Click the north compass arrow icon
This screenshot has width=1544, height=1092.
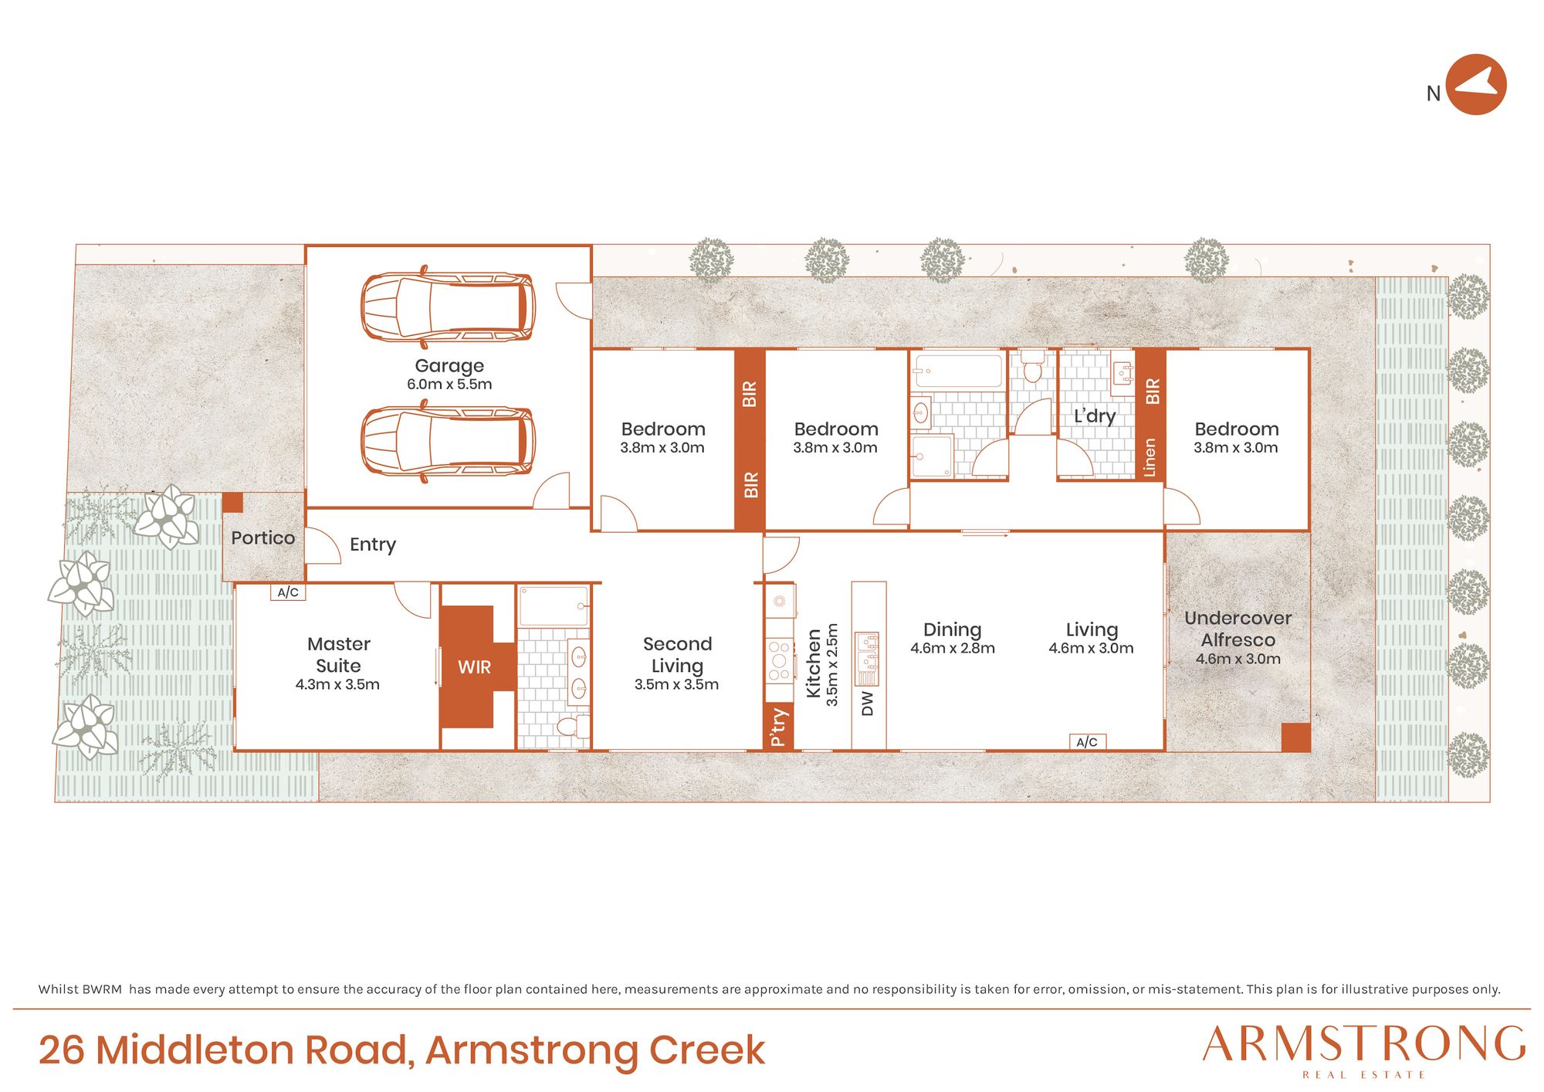[x=1476, y=84]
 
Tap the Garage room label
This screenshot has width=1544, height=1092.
[x=449, y=365]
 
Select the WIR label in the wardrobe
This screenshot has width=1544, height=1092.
[x=474, y=667]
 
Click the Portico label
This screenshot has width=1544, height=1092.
[x=262, y=538]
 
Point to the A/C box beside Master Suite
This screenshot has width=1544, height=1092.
[x=288, y=592]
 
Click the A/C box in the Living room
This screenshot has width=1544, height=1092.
[x=1087, y=742]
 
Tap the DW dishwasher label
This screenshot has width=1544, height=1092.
[x=868, y=704]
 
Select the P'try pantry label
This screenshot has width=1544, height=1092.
[x=778, y=727]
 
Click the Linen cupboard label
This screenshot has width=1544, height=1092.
[x=1150, y=457]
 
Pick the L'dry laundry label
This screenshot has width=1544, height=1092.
[x=1095, y=416]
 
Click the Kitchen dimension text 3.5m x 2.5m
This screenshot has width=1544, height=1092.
[x=831, y=665]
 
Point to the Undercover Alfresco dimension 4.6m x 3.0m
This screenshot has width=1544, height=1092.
[x=1238, y=659]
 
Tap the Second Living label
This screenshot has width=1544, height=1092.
[x=677, y=655]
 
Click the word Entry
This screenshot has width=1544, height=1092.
[x=373, y=544]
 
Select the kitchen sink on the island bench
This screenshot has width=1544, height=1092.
[x=867, y=659]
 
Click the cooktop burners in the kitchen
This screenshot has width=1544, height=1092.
[x=779, y=660]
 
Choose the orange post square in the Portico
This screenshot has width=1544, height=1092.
[x=232, y=503]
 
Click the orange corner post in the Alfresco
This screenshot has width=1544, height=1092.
[x=1295, y=738]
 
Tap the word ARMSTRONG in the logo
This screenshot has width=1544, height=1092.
[x=1364, y=1044]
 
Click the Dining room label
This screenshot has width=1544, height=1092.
[x=952, y=629]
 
